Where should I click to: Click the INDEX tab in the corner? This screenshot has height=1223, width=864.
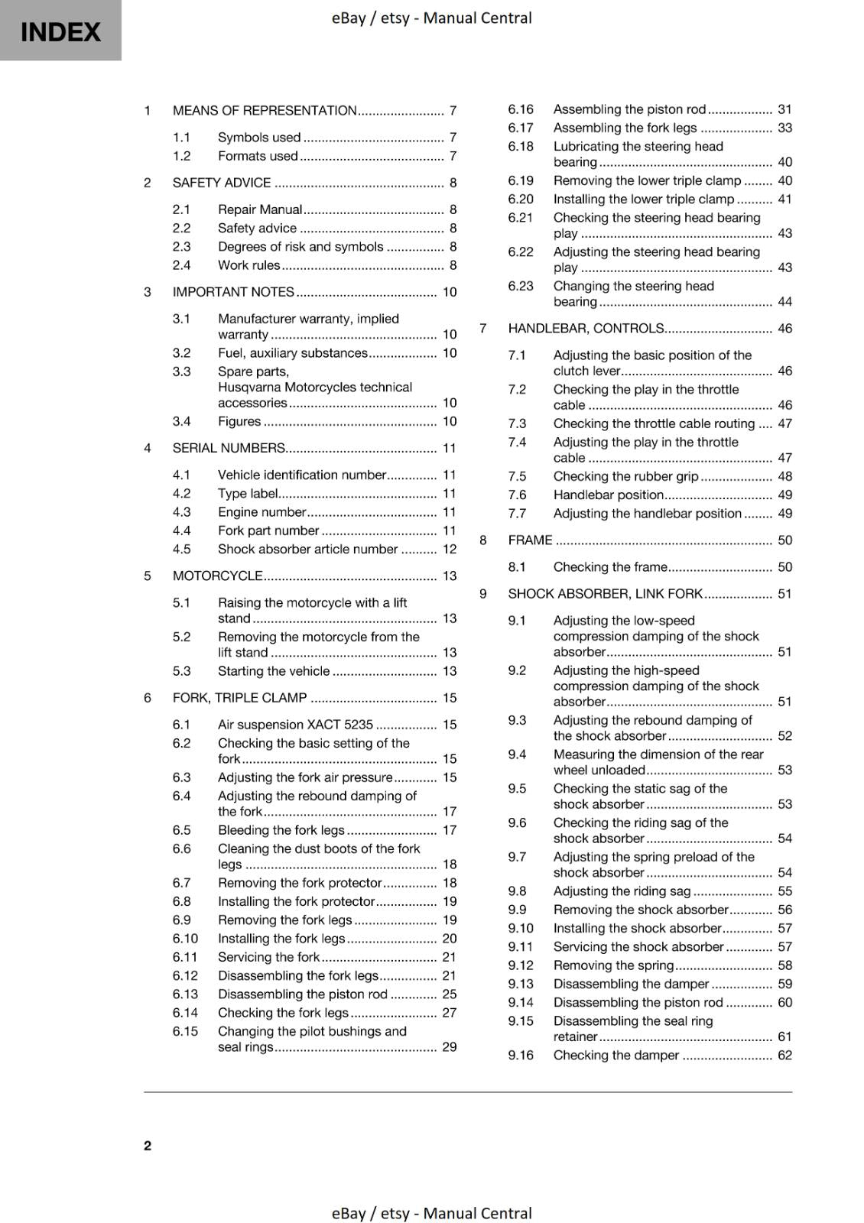(x=60, y=31)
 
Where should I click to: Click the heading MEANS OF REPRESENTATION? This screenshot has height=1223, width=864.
(x=265, y=110)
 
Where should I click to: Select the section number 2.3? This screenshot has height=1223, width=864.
(x=181, y=247)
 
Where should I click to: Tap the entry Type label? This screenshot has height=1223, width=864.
(x=248, y=494)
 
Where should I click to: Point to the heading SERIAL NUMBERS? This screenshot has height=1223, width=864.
(x=229, y=448)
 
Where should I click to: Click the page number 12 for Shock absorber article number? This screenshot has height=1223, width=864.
(x=450, y=549)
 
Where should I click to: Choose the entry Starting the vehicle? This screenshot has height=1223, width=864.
(x=274, y=671)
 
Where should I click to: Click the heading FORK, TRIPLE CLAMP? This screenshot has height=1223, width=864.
(x=239, y=698)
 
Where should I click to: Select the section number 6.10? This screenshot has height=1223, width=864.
(x=185, y=939)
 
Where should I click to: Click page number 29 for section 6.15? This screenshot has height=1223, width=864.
(x=450, y=1047)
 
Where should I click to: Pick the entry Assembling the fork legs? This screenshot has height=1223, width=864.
(x=625, y=128)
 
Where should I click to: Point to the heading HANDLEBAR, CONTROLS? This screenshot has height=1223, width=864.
(x=586, y=329)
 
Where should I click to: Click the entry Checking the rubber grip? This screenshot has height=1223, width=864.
(x=625, y=476)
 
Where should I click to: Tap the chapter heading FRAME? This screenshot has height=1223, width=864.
(x=530, y=540)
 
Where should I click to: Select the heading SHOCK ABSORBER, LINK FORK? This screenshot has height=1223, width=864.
(x=605, y=594)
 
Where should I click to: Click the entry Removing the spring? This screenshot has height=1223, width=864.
(x=613, y=965)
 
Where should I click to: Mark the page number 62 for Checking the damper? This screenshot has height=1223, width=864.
(x=785, y=1056)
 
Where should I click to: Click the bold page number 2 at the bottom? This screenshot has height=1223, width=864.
(x=148, y=1145)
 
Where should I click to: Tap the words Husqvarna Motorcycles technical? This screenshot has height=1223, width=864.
(x=314, y=388)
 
